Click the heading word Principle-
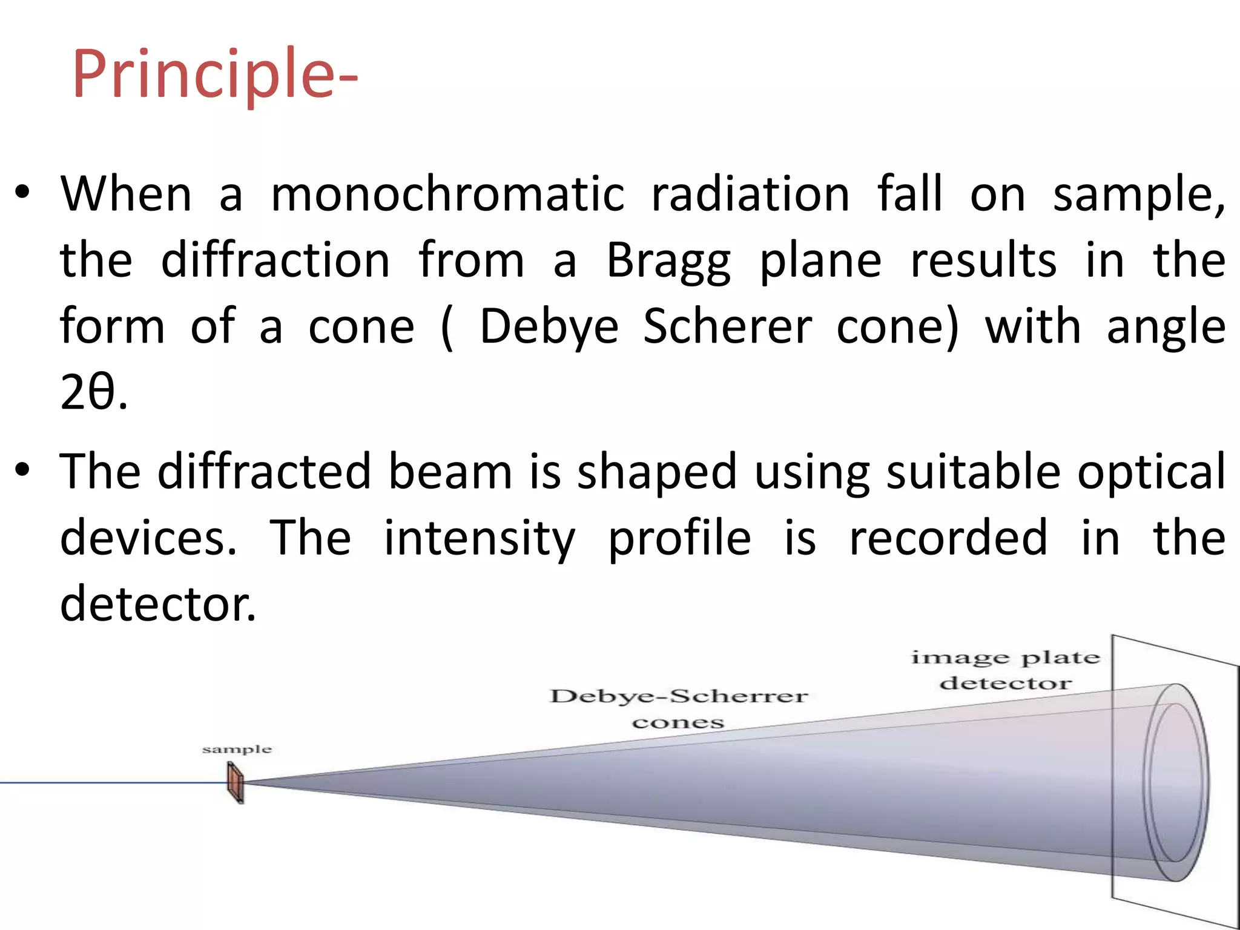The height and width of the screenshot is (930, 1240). (x=215, y=74)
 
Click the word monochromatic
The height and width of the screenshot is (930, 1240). (x=447, y=195)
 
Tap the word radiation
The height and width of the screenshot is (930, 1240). (x=750, y=195)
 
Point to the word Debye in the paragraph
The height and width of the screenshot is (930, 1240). (x=549, y=328)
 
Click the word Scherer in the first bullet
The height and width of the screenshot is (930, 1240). (x=727, y=328)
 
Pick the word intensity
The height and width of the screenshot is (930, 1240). (x=480, y=538)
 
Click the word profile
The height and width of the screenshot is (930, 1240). (x=679, y=538)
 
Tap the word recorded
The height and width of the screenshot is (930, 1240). (x=948, y=538)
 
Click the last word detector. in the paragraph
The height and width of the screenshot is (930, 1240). (x=158, y=604)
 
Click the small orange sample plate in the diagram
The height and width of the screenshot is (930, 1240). (x=236, y=782)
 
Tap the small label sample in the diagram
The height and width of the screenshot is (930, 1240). (x=237, y=750)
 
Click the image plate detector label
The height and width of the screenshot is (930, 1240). (x=1005, y=670)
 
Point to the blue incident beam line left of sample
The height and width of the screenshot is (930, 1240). (x=109, y=783)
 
